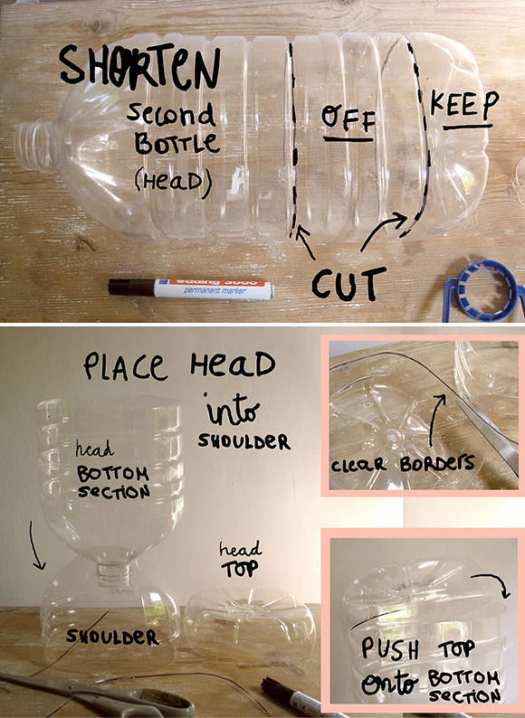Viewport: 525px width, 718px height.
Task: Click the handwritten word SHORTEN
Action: click(139, 68)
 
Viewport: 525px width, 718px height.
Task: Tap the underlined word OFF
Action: click(348, 118)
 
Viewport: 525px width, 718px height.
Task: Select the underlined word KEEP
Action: click(464, 104)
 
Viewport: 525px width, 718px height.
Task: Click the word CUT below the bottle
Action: click(348, 283)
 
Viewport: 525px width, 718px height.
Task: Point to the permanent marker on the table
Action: click(191, 288)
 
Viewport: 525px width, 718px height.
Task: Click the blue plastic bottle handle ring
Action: click(483, 291)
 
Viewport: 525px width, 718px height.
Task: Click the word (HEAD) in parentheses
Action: click(173, 182)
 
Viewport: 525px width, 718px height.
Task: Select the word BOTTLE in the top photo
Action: click(177, 144)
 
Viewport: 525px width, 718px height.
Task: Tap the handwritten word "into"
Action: click(233, 410)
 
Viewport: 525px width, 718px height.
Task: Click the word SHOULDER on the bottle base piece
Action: click(113, 637)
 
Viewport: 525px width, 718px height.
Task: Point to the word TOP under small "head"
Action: click(239, 569)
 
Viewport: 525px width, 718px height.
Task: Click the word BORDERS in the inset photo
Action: click(437, 463)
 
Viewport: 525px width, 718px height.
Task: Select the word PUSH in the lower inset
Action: click(390, 649)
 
